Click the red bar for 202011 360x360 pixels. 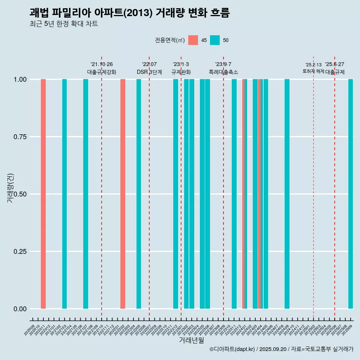click(43, 194)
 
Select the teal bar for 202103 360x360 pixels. click(64, 194)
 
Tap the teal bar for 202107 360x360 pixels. click(85, 194)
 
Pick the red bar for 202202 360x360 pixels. click(123, 194)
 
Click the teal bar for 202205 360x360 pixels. click(139, 194)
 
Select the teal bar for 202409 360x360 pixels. click(287, 194)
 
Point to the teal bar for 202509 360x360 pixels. click(351, 194)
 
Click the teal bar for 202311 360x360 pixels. click(234, 194)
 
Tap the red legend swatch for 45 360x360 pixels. click(193, 40)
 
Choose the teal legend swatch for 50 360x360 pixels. click(215, 40)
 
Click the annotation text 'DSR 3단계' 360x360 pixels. click(149, 72)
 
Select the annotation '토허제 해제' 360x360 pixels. click(313, 71)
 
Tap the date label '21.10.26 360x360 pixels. click(102, 64)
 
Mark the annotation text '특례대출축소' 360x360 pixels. click(223, 72)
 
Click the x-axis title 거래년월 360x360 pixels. click(191, 340)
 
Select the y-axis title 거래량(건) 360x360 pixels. click(10, 187)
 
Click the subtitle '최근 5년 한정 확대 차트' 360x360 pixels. click(64, 24)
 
